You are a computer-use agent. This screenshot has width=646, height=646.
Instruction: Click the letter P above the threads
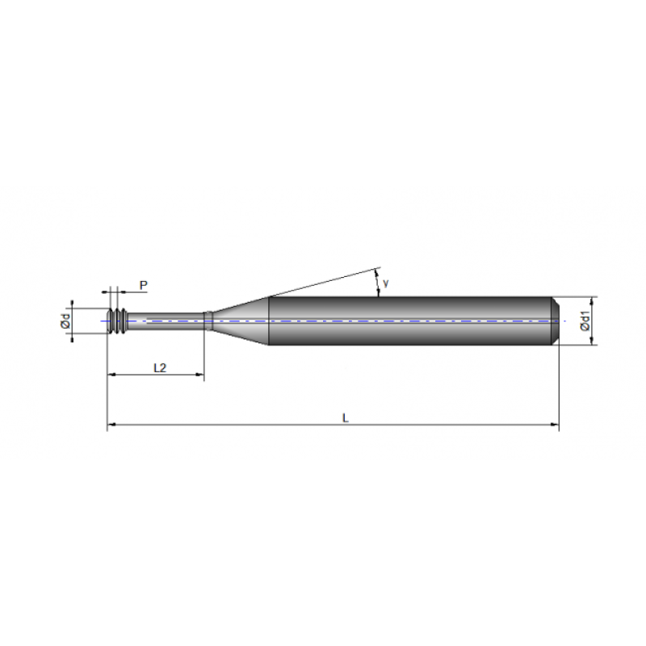coord(143,285)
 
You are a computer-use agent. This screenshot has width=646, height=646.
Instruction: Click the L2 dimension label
coord(160,367)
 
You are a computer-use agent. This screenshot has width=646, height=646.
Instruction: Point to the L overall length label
coord(345,417)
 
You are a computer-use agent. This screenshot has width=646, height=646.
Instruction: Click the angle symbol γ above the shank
coord(387,283)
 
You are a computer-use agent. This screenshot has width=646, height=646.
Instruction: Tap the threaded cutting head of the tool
coord(118,321)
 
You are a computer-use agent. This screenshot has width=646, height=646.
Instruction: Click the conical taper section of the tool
coord(240,321)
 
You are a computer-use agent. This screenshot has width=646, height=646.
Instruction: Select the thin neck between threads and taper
coord(166,321)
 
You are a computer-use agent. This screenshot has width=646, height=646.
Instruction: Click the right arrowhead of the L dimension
coord(554,424)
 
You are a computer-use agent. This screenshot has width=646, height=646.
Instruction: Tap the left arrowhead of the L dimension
coord(112,424)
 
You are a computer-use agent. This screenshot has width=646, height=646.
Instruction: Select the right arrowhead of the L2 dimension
coord(199,375)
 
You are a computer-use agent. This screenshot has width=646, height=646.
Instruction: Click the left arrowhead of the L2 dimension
coord(112,375)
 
